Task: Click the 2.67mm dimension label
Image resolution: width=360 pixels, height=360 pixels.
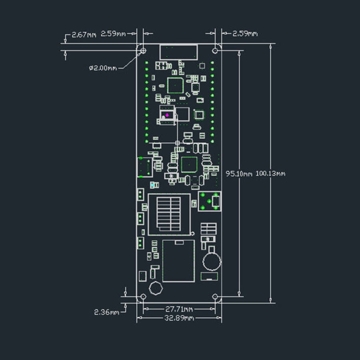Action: (84, 35)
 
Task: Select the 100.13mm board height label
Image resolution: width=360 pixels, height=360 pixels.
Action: (270, 173)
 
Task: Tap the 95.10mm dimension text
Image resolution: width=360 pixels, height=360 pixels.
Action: (239, 174)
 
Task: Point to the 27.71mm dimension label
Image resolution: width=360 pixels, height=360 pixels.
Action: (179, 309)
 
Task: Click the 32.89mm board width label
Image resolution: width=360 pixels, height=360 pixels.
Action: (179, 318)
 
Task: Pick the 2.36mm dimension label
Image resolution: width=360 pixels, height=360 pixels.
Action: (106, 312)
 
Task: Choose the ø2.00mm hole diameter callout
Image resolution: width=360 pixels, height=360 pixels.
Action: (103, 68)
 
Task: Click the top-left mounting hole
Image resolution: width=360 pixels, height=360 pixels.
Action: (143, 50)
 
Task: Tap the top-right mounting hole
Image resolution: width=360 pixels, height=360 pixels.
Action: (215, 50)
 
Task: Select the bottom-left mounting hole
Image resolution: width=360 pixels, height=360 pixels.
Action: (143, 297)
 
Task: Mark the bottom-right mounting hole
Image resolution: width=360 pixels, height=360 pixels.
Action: (215, 297)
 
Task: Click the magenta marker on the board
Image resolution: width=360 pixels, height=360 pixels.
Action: (167, 115)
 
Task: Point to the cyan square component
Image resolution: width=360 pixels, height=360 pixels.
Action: (152, 185)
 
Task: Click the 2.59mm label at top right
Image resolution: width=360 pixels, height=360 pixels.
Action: (245, 34)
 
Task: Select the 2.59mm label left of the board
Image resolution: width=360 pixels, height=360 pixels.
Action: (113, 34)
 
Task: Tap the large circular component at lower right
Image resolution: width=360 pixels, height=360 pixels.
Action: (212, 261)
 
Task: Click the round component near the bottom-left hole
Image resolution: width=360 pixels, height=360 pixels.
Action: (156, 288)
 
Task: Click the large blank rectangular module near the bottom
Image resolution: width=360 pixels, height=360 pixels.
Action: (179, 261)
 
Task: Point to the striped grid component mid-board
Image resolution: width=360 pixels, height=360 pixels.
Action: (168, 214)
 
